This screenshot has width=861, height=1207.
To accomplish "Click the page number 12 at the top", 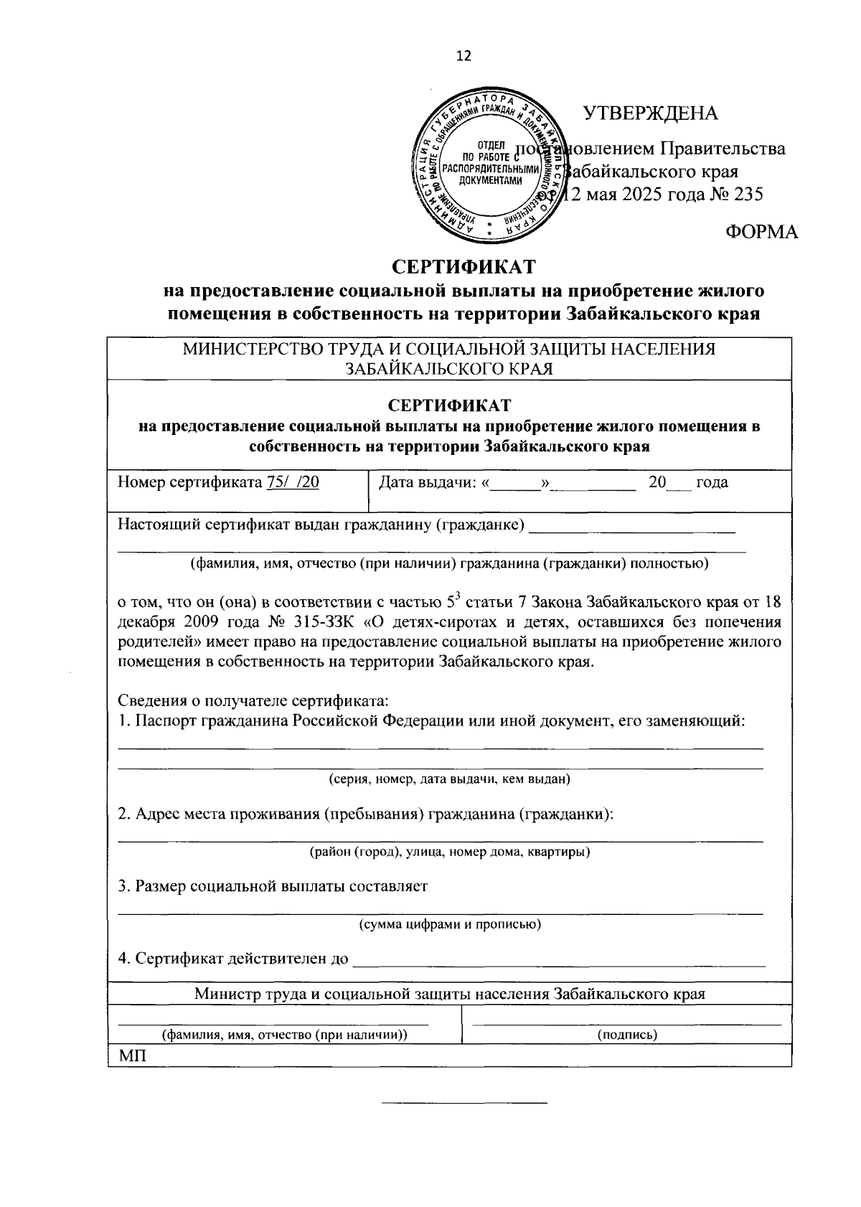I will tap(464, 56).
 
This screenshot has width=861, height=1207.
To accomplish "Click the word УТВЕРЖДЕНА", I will tap(650, 113).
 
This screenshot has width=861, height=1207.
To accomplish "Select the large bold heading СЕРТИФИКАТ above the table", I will tap(464, 267).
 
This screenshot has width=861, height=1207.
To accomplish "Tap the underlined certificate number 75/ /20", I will tap(293, 482).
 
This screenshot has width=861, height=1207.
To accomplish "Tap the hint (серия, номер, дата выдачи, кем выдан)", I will tap(449, 779).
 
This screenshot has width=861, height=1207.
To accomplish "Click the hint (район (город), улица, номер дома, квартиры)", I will tap(449, 852).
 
